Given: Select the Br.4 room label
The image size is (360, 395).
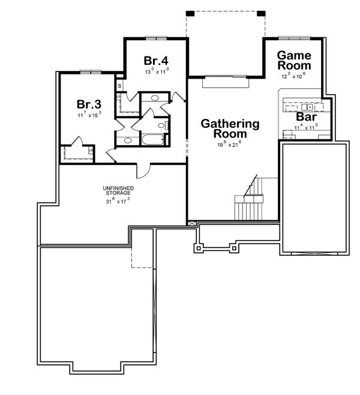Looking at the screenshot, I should pyautogui.click(x=156, y=61).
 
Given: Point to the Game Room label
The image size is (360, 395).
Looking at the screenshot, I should pyautogui.click(x=293, y=60).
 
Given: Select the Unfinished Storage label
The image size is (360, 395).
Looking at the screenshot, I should pyautogui.click(x=117, y=191).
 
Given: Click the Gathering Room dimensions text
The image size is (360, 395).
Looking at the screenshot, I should pyautogui.click(x=230, y=145).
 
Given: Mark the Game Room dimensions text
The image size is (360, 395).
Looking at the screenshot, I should pyautogui.click(x=293, y=76).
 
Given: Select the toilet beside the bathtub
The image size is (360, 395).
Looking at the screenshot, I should pyautogui.click(x=162, y=125).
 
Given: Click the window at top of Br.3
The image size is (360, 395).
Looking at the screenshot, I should pyautogui.click(x=89, y=73).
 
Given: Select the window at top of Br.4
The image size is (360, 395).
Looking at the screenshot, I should pyautogui.click(x=155, y=38).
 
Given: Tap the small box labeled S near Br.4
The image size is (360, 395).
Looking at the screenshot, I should pyautogui.click(x=119, y=86).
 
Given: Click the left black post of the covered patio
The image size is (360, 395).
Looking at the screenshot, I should pyautogui.click(x=190, y=13).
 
